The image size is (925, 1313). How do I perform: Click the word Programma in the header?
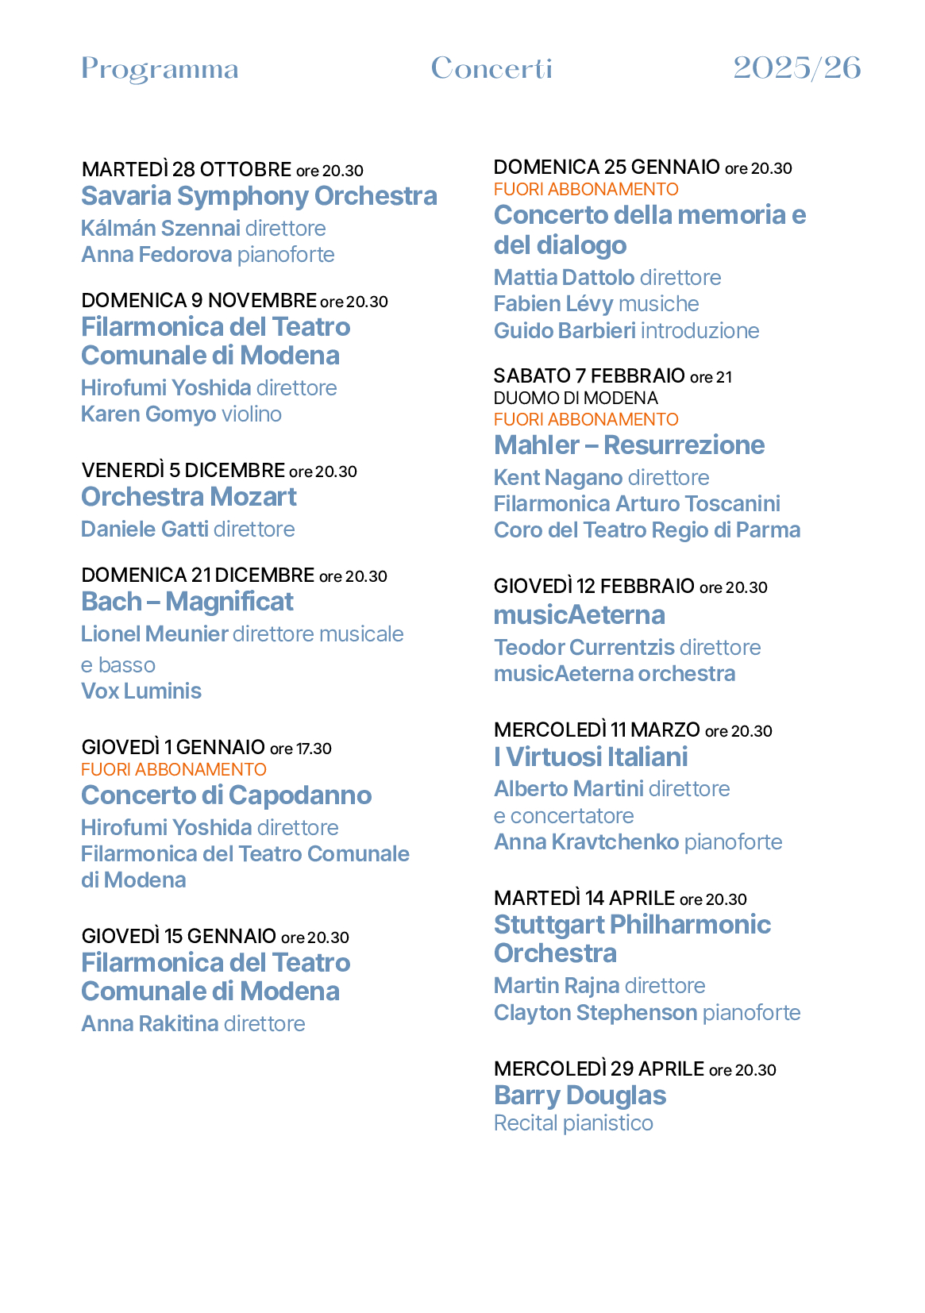point(160,70)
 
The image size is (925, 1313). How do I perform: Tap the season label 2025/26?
point(796,68)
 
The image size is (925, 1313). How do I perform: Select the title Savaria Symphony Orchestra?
point(259,196)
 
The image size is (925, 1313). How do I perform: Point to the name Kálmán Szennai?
point(160,229)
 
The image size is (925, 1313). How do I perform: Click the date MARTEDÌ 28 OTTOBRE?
point(187,170)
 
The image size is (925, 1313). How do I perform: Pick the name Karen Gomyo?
point(148,414)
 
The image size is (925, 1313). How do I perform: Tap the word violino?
point(252,414)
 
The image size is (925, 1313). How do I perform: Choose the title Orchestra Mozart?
point(189,497)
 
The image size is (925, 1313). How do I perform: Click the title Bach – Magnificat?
point(187,602)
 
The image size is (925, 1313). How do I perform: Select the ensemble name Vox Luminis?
point(141,691)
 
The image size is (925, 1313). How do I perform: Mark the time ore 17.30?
point(301,749)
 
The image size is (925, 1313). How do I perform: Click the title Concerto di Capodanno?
point(226,795)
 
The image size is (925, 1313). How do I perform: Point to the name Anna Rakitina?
point(150,1024)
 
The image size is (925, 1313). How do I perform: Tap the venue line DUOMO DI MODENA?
point(576,399)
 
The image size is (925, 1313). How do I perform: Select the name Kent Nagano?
point(558,478)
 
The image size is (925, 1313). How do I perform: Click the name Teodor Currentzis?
point(584,648)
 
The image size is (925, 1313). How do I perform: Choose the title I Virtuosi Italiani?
point(591,757)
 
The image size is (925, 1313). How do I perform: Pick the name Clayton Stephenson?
point(595,1013)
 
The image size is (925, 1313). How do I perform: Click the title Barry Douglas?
point(580,1095)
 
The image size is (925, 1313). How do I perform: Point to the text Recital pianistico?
point(573,1123)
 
